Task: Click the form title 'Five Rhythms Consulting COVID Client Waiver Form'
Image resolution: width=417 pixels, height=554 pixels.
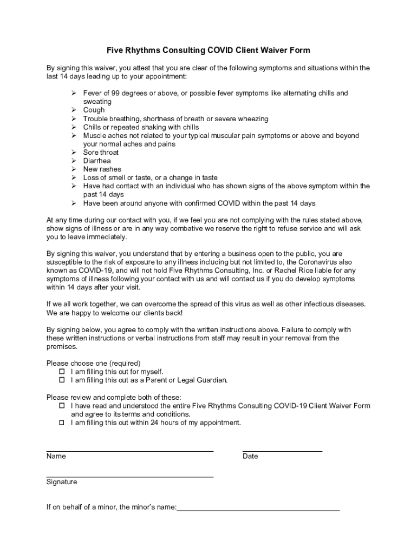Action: pyautogui.click(x=208, y=50)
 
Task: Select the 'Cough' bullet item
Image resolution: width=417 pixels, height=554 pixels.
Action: pyautogui.click(x=94, y=110)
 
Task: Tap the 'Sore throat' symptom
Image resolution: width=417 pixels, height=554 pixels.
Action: pyautogui.click(x=101, y=153)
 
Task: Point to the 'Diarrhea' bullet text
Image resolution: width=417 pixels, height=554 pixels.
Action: pyautogui.click(x=97, y=161)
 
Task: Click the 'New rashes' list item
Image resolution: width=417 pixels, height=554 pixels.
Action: pyautogui.click(x=102, y=169)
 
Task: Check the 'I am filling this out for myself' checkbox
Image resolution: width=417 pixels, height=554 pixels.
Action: pyautogui.click(x=62, y=372)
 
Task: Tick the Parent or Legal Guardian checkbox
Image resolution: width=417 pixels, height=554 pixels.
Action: pyautogui.click(x=62, y=380)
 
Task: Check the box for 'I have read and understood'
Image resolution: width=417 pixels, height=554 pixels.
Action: pyautogui.click(x=62, y=406)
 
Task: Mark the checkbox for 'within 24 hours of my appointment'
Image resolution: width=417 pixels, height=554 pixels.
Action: pyautogui.click(x=62, y=423)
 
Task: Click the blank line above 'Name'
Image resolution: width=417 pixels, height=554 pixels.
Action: pyautogui.click(x=130, y=450)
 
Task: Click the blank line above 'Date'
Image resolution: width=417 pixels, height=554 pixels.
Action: pyautogui.click(x=282, y=450)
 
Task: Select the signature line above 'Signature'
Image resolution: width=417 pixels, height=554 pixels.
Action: pyautogui.click(x=130, y=476)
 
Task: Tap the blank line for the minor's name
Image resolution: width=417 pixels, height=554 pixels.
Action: pyautogui.click(x=258, y=510)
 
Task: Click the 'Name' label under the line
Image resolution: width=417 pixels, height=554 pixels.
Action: pyautogui.click(x=56, y=456)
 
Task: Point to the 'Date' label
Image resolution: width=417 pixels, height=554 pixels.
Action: pyautogui.click(x=250, y=456)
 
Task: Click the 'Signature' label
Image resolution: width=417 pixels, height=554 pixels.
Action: pyautogui.click(x=62, y=482)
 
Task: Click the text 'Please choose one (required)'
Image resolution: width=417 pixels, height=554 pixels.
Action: pyautogui.click(x=94, y=363)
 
